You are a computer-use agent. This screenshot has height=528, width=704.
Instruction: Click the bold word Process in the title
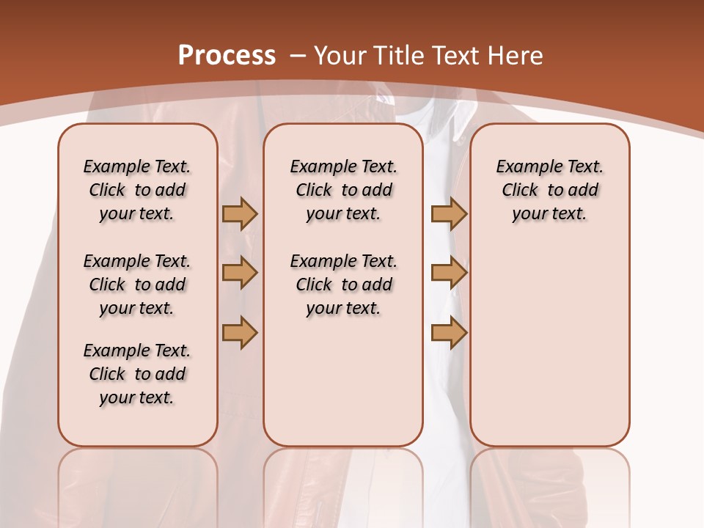click(227, 56)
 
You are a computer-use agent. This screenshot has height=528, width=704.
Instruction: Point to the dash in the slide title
click(298, 56)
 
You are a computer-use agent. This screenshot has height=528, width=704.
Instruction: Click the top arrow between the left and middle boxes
click(240, 213)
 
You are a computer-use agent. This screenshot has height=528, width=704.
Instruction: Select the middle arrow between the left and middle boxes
click(240, 273)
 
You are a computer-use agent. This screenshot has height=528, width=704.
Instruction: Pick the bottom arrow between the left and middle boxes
click(240, 333)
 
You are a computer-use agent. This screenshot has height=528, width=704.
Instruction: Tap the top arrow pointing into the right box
click(449, 213)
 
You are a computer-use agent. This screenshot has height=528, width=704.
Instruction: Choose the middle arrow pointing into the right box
click(449, 273)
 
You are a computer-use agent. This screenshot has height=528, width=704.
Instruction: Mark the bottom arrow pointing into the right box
click(449, 333)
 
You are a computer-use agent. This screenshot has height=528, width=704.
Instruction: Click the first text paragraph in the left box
click(137, 190)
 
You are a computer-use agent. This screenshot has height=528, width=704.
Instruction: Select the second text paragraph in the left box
click(137, 285)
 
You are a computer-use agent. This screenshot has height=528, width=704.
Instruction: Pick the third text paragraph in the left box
click(137, 374)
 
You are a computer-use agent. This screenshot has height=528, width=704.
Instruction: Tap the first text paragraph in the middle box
click(343, 190)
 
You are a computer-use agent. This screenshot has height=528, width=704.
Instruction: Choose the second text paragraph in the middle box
click(343, 285)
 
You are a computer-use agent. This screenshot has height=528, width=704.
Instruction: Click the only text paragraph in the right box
click(549, 190)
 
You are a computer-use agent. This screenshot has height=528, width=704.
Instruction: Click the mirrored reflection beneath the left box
click(138, 484)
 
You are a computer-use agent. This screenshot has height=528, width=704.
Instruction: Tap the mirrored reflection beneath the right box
click(549, 484)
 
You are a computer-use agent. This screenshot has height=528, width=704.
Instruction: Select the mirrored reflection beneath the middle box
click(343, 484)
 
